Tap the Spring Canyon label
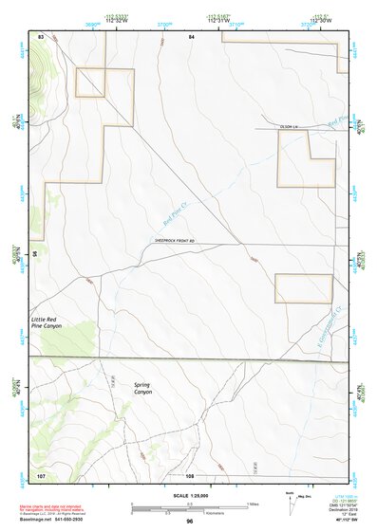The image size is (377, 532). point(142,387)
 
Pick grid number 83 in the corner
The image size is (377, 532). point(41,35)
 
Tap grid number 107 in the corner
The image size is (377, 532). point(41,473)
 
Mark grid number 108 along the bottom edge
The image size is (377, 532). point(190,473)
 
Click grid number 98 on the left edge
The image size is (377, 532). point(34,253)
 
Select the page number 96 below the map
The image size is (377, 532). point(190,522)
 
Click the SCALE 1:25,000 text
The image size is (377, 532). point(188,494)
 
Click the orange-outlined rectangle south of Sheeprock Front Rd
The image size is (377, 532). point(303,288)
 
